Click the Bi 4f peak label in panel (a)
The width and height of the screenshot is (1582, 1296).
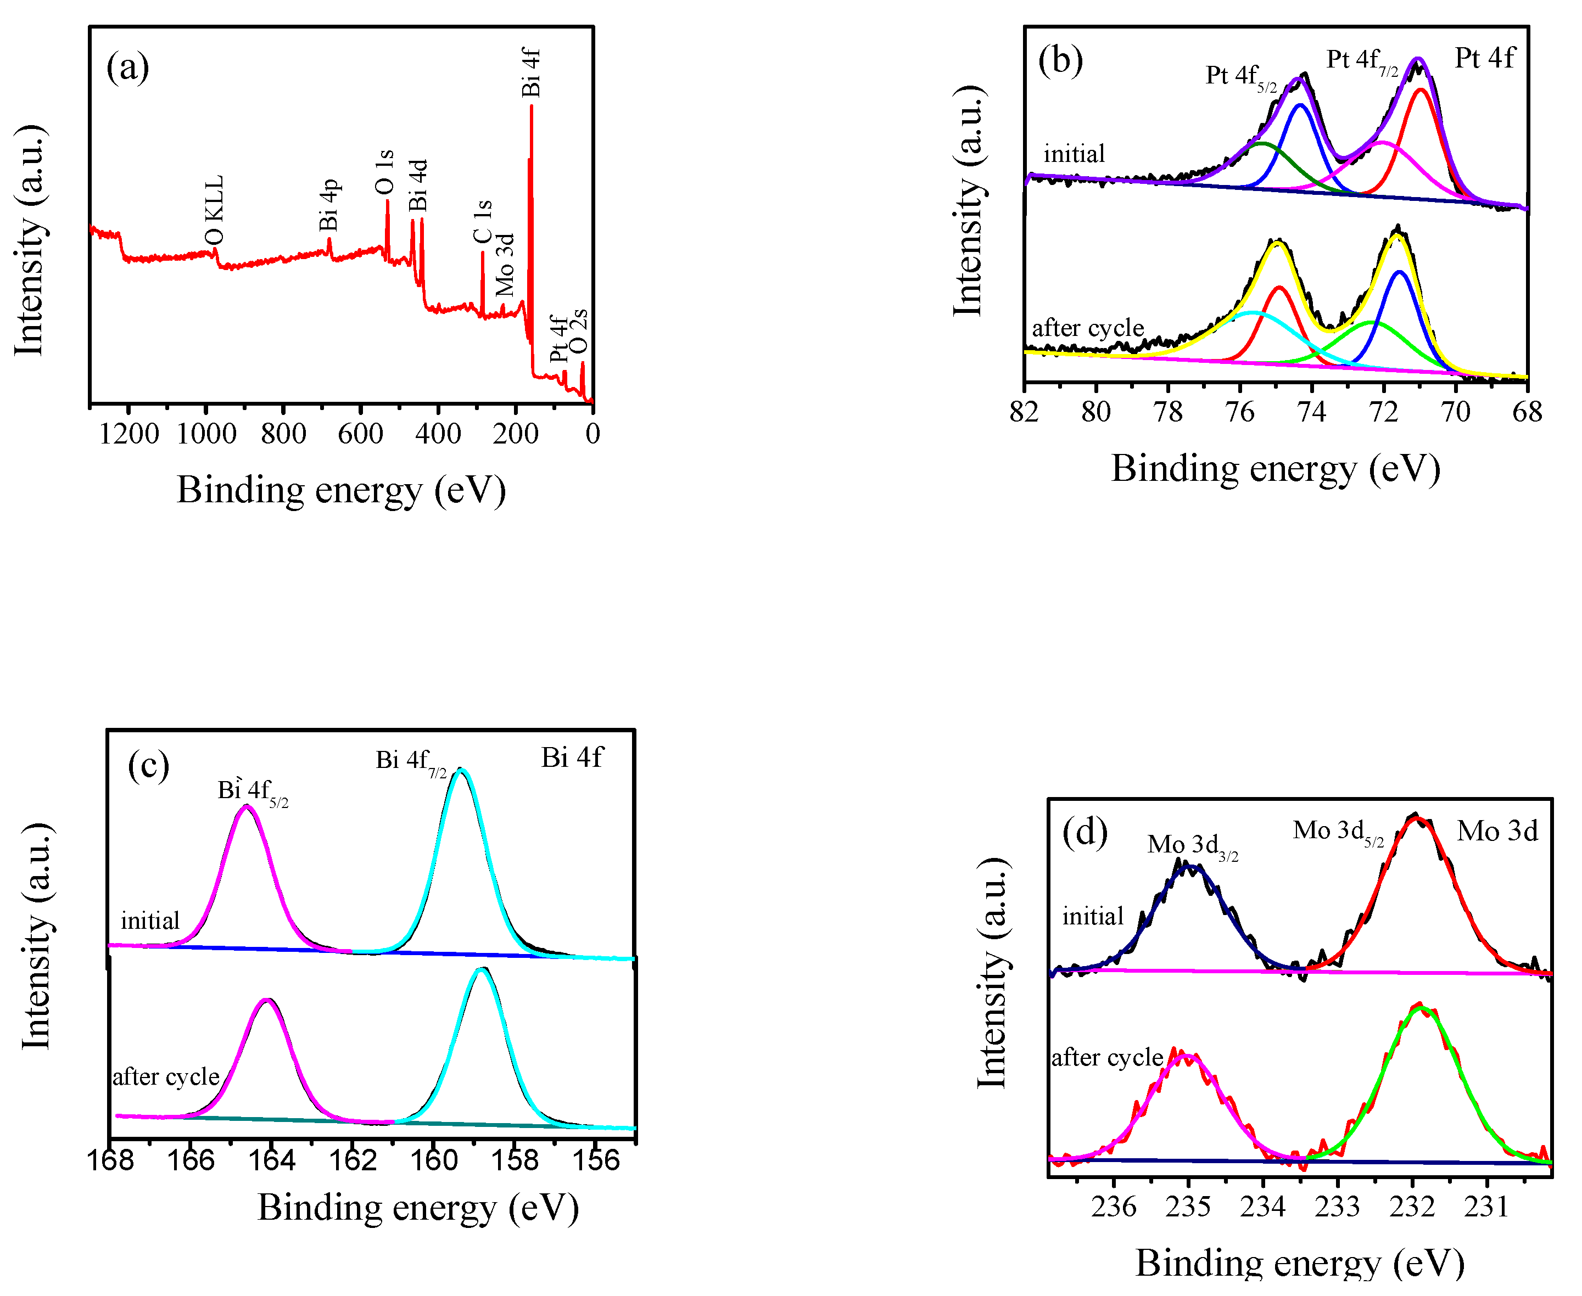pyautogui.click(x=530, y=72)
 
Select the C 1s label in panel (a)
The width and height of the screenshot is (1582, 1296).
pyautogui.click(x=483, y=221)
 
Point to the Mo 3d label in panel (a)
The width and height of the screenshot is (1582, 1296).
pyautogui.click(x=505, y=265)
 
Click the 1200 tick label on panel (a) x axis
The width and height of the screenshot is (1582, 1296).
pyautogui.click(x=129, y=434)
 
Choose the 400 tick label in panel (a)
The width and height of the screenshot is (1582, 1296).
pyautogui.click(x=438, y=434)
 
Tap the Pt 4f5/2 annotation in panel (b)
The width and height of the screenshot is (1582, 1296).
pyautogui.click(x=1240, y=76)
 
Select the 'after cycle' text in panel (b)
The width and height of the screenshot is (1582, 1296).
pyautogui.click(x=1088, y=328)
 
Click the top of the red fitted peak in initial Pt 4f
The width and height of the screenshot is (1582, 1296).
pyautogui.click(x=1421, y=89)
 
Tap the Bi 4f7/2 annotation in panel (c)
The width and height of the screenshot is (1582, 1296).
pyautogui.click(x=410, y=761)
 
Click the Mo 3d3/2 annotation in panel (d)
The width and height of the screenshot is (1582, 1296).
pyautogui.click(x=1192, y=845)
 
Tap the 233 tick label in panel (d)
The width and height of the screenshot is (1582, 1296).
pyautogui.click(x=1337, y=1207)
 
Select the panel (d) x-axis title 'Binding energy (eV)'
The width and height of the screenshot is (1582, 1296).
pyautogui.click(x=1300, y=1263)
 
